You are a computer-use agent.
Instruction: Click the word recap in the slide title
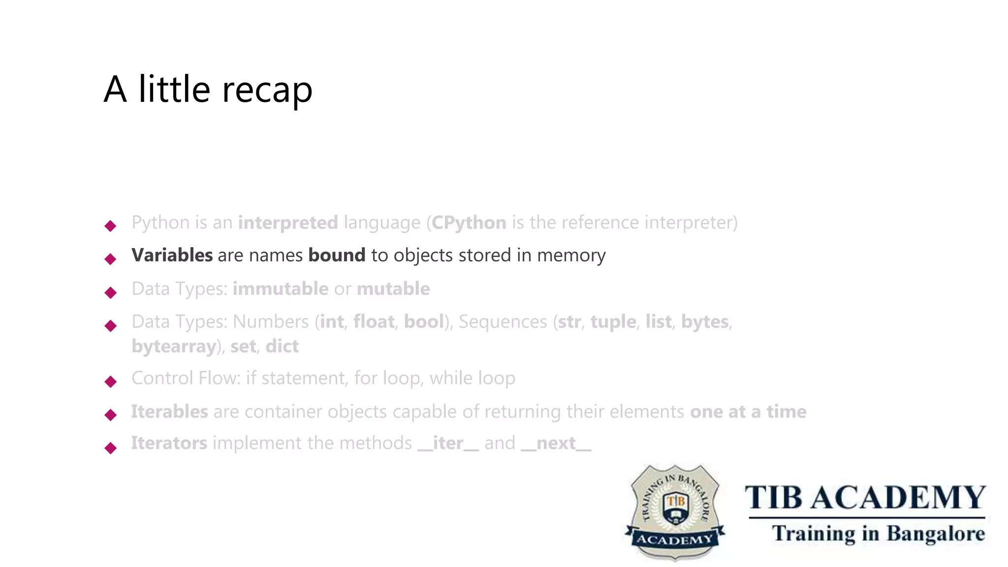coord(267,90)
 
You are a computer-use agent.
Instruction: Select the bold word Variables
coord(172,255)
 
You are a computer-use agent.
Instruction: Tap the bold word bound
coord(337,255)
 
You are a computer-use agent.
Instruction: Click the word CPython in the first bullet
coord(469,223)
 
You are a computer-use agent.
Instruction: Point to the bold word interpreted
coord(288,223)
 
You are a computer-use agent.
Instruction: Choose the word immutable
coord(280,289)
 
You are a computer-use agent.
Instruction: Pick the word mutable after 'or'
coord(393,289)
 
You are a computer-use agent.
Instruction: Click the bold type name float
coord(374,322)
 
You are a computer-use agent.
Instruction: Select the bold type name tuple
coord(613,322)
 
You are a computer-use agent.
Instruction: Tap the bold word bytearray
coord(174,346)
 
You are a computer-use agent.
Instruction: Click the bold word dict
coord(282,346)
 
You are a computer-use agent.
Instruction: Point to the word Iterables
coord(169,411)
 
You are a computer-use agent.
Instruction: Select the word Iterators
coord(169,443)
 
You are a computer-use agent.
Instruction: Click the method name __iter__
coord(448,443)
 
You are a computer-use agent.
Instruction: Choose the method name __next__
coord(556,443)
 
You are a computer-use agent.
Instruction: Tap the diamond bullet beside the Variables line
coord(111,259)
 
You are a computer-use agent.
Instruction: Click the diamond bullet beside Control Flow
coord(111,381)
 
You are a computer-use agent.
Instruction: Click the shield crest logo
coord(675,512)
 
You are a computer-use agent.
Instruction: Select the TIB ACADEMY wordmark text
coord(865,498)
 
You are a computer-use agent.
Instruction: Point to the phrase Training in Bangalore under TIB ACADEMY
coord(878,534)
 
